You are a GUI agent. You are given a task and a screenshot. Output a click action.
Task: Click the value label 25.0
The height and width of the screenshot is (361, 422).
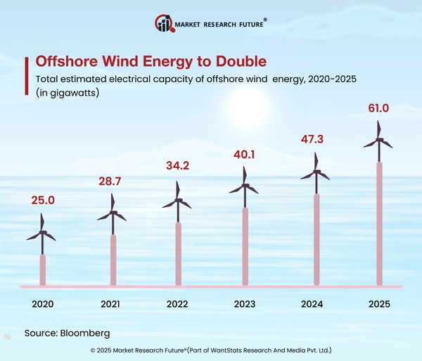tap(44, 200)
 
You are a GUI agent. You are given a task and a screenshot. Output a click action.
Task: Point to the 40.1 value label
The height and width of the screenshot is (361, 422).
tap(245, 153)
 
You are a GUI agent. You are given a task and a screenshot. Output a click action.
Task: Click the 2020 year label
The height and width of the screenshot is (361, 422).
tap(44, 305)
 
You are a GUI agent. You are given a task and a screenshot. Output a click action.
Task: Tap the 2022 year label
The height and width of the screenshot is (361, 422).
tap(178, 305)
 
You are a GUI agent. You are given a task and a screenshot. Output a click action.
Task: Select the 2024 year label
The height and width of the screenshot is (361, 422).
tap(312, 305)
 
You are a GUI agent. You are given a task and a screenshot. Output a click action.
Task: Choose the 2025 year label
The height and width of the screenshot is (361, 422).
tap(378, 305)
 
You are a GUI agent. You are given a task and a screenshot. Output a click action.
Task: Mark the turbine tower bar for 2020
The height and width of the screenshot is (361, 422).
tap(43, 270)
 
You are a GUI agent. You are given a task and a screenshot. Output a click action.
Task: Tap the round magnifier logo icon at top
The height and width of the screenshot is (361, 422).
tap(163, 23)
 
